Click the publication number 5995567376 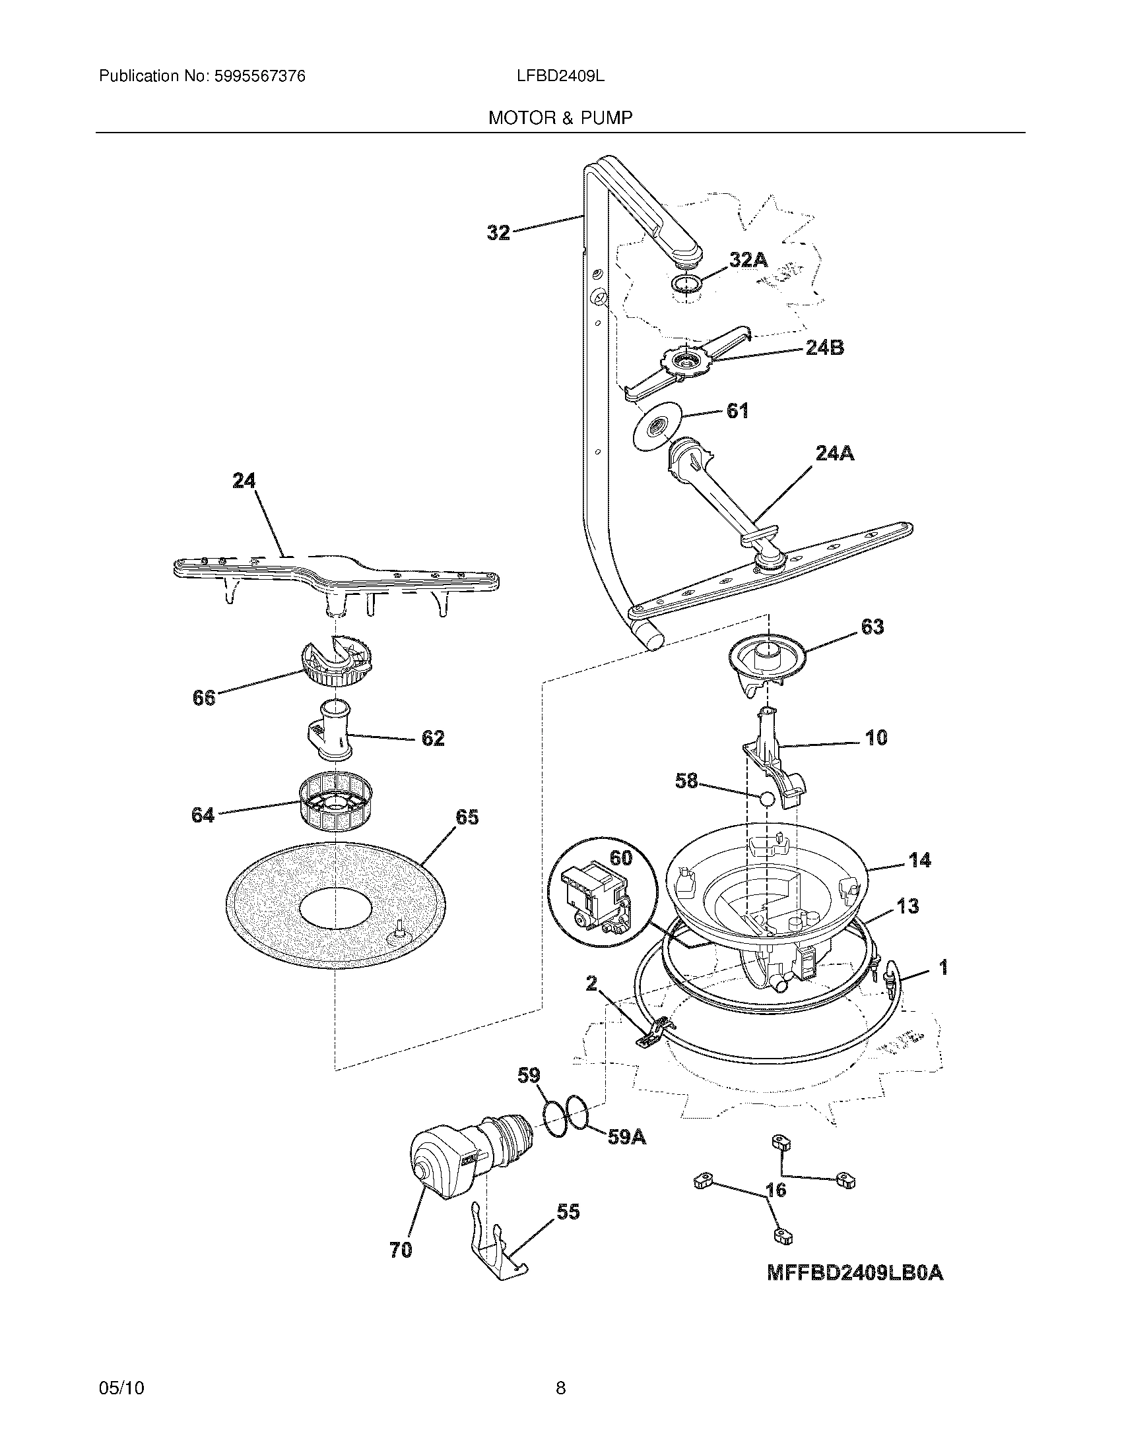[x=259, y=77]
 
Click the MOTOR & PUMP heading [x=560, y=117]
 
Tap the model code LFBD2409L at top [x=560, y=77]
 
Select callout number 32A [x=748, y=261]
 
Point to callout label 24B [x=824, y=348]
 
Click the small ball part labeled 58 [x=766, y=798]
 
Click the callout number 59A [x=627, y=1137]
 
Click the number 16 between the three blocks [x=776, y=1190]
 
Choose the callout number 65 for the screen [x=466, y=818]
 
